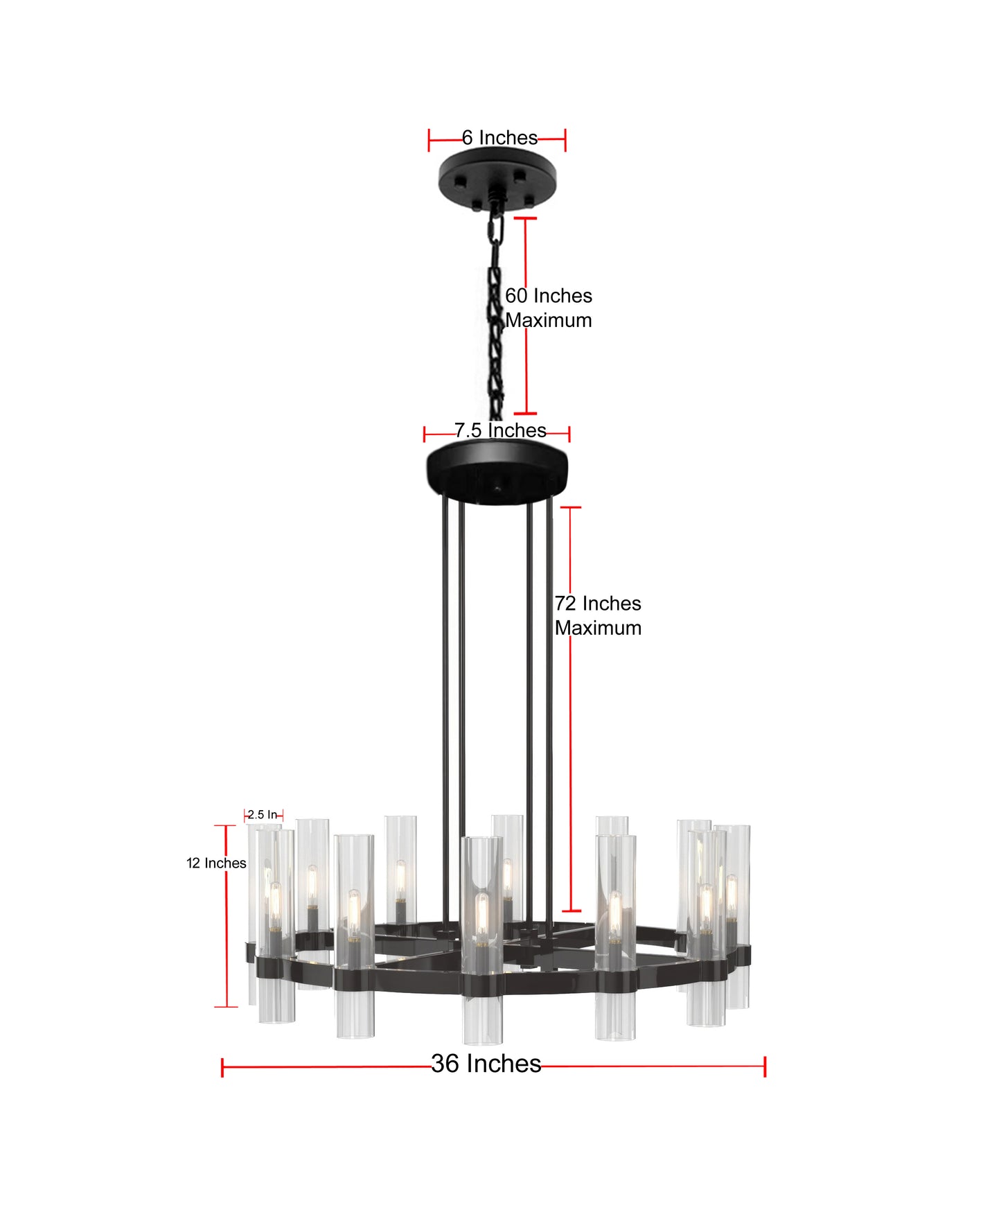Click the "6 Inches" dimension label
coord(499,138)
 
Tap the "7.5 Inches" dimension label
coord(500,430)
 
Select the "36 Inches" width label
coord(486,1063)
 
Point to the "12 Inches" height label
coord(216,863)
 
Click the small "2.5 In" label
coord(263,815)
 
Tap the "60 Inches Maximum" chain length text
coord(549,308)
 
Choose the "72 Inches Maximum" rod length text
coord(598,615)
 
